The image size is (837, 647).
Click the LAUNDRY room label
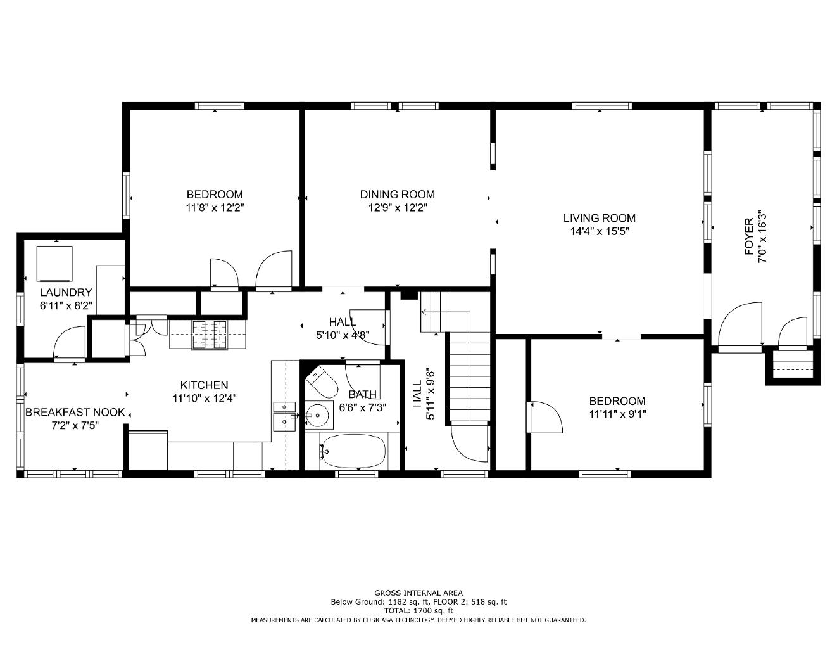[x=66, y=292]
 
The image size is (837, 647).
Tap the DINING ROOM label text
[x=397, y=194]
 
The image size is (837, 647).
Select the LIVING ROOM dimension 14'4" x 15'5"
[x=600, y=231]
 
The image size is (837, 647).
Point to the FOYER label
[x=749, y=236]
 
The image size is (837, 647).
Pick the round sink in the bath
[x=319, y=415]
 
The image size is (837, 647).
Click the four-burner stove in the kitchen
[x=210, y=335]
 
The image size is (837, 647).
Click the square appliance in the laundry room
[x=54, y=264]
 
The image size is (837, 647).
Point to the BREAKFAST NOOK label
[x=75, y=413]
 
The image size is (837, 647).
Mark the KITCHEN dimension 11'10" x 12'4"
[x=204, y=398]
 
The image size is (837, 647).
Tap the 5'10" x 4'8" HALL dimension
[x=343, y=335]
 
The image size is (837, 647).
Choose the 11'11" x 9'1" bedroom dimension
[x=617, y=414]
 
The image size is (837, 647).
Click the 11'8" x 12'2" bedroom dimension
[x=215, y=208]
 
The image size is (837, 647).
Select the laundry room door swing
[x=70, y=342]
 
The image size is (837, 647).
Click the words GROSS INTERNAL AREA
[x=418, y=593]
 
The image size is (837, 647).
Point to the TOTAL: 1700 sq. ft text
[x=418, y=611]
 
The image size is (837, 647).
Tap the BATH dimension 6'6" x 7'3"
[x=362, y=407]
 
